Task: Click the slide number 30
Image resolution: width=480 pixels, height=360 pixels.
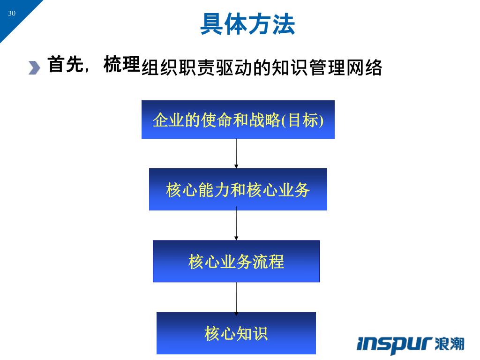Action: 12,13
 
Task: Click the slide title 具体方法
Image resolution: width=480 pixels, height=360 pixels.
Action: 247,24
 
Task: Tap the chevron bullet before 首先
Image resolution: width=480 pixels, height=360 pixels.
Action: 34,67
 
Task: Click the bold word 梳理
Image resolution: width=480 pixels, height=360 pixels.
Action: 122,65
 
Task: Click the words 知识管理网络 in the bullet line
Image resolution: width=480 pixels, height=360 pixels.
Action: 327,68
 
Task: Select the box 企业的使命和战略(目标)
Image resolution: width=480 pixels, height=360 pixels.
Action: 238,120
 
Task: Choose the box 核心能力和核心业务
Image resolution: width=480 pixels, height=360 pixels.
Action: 238,189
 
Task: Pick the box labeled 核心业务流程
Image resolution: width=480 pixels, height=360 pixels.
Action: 236,261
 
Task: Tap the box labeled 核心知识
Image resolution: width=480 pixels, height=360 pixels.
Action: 236,333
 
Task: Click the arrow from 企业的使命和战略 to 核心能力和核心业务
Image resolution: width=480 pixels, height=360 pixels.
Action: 236,154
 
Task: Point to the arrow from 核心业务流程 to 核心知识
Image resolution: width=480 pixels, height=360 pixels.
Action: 236,298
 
